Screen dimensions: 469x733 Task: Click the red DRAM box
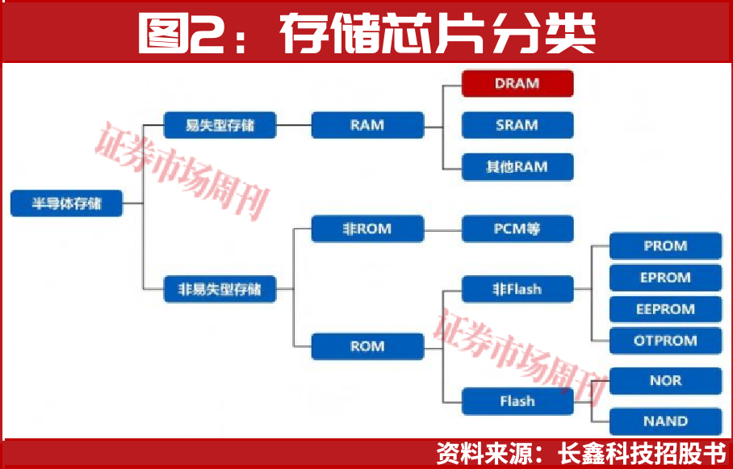point(517,83)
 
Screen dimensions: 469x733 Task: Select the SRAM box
point(517,125)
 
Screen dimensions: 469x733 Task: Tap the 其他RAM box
point(517,167)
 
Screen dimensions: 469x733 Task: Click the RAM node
point(367,125)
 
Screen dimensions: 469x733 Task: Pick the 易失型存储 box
point(220,125)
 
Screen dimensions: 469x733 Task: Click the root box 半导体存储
point(66,203)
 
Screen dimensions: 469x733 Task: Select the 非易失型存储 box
point(220,288)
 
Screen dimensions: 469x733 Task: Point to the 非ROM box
point(367,228)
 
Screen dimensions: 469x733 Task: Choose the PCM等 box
point(517,228)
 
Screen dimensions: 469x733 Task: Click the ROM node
point(367,346)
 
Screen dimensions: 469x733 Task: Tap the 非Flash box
point(517,289)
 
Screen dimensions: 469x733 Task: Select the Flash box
point(517,400)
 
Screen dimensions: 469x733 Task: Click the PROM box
point(665,246)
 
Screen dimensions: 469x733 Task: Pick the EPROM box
point(665,278)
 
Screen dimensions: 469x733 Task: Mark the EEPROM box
point(665,309)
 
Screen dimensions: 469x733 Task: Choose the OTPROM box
point(665,341)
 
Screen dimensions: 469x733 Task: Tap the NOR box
point(665,381)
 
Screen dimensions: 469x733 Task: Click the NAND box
point(665,421)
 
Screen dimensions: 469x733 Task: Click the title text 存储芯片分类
point(438,33)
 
